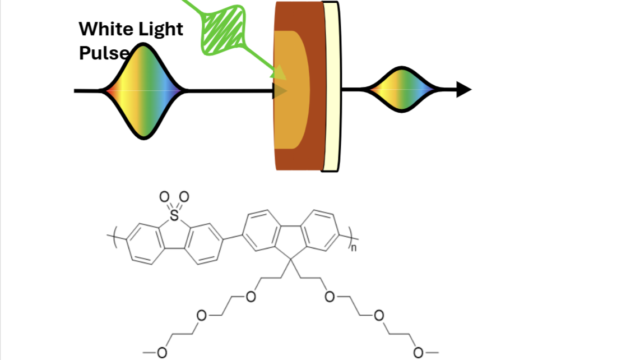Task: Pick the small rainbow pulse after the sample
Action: coord(402,89)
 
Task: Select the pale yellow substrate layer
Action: coord(331,87)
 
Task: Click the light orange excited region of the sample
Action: coord(291,90)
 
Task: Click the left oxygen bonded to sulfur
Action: coord(164,197)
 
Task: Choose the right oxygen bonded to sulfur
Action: coord(184,197)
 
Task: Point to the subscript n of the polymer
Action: coord(354,248)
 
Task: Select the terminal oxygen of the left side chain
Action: coord(162,352)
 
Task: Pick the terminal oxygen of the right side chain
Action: coord(418,352)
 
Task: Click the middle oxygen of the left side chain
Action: coord(201,315)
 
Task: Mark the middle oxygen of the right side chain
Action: coord(379,315)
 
